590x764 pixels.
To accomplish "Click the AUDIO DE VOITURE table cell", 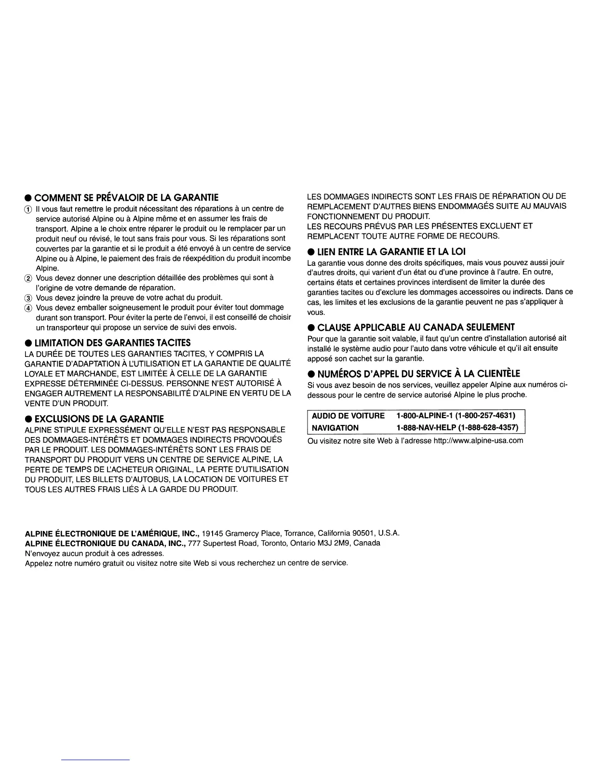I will click(348, 416).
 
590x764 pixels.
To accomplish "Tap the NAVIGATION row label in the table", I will click(335, 428).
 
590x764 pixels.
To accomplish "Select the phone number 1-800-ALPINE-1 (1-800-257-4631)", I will click(456, 416).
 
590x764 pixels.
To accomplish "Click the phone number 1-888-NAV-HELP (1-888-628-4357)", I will click(457, 428).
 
